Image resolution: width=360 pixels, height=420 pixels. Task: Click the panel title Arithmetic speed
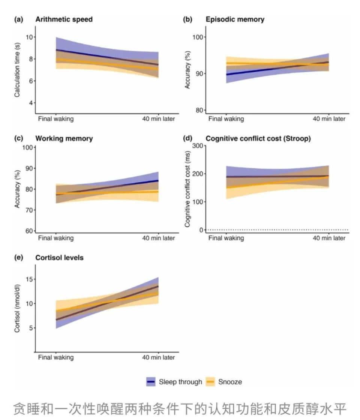[x=64, y=19]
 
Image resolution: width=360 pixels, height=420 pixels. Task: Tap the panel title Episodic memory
[x=235, y=19]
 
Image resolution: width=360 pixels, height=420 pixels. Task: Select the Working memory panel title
[x=64, y=139]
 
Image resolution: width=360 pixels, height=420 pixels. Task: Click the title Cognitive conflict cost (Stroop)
[x=258, y=139]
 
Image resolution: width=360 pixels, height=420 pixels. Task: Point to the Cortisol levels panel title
[x=59, y=258]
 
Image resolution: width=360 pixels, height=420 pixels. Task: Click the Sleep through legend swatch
[x=151, y=382]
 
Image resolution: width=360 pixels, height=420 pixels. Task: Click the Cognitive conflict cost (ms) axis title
[x=187, y=188]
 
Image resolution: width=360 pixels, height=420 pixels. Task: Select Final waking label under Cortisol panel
[x=56, y=357]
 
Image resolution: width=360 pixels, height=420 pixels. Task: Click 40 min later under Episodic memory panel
[x=329, y=119]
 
